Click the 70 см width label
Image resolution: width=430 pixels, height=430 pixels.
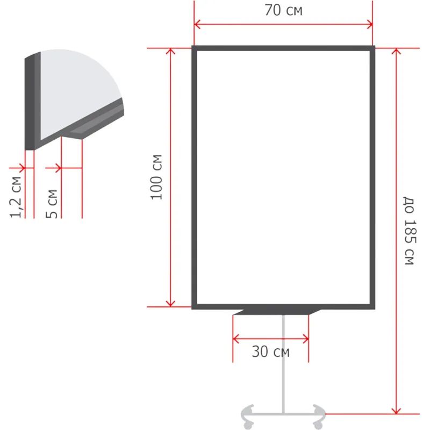click(x=283, y=10)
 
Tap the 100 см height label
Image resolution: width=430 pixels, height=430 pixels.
click(x=156, y=177)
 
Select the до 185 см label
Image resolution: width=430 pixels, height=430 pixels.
click(x=410, y=231)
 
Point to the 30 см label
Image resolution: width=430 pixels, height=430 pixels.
click(x=271, y=352)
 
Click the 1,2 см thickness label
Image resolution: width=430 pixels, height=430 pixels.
click(x=16, y=197)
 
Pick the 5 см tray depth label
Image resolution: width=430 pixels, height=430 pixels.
click(x=52, y=204)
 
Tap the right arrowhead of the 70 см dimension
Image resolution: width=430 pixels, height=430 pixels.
click(x=369, y=24)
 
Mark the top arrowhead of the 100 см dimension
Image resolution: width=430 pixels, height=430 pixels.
click(x=170, y=51)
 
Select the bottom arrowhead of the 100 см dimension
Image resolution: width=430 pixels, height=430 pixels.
click(x=170, y=304)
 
